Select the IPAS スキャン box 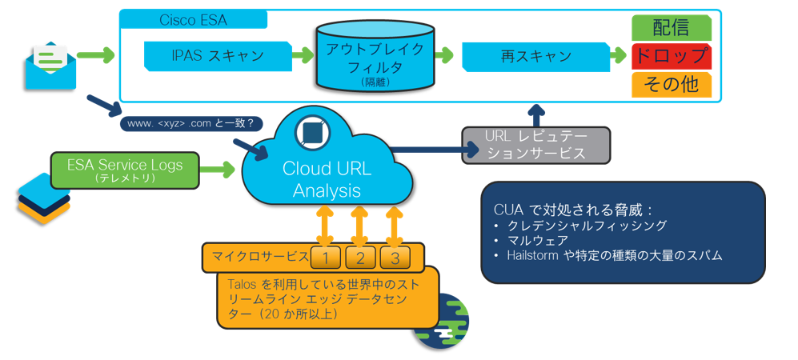[218, 57]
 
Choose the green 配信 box [671, 27]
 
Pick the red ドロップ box [671, 56]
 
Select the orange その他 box [671, 84]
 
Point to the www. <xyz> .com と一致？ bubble [190, 123]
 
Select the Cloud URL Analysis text [326, 180]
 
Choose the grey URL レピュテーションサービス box [535, 145]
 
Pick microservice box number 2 [361, 257]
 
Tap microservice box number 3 [395, 257]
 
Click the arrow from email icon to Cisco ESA [96, 56]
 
